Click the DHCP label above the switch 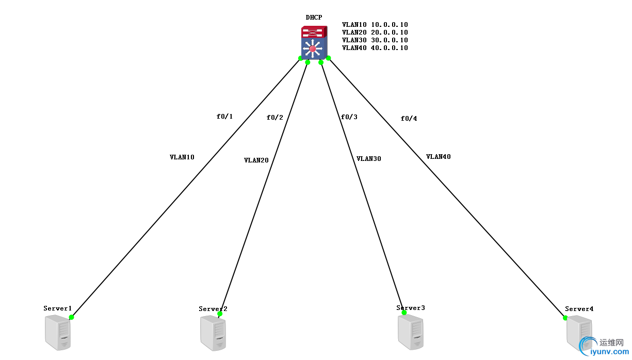313,18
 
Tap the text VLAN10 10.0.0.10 375,24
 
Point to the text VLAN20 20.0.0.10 375,32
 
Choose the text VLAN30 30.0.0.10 375,40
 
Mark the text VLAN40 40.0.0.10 375,48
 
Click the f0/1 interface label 224,117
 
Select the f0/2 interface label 274,118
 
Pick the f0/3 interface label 349,117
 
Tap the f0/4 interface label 409,119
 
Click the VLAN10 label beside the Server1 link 182,157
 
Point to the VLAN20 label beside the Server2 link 256,160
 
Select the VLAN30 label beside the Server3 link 368,159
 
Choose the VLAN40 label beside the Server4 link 438,157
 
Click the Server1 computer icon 58,333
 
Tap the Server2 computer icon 213,334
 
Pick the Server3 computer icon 411,332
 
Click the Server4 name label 579,309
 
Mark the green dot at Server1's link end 72,317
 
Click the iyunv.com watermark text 612,352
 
